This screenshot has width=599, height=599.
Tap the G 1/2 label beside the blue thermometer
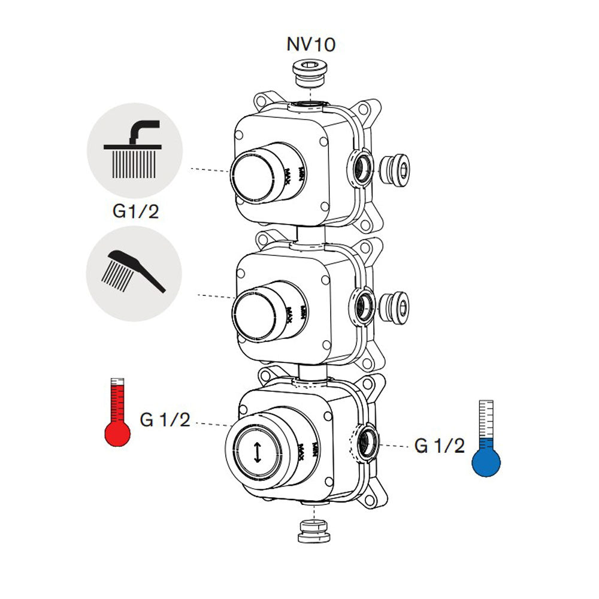point(439,446)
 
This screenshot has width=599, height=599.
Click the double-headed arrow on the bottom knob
point(258,452)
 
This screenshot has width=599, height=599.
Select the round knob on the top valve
point(255,176)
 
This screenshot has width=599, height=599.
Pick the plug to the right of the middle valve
point(397,304)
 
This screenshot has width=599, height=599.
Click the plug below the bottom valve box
point(314,531)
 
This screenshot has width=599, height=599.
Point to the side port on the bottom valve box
point(366,441)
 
